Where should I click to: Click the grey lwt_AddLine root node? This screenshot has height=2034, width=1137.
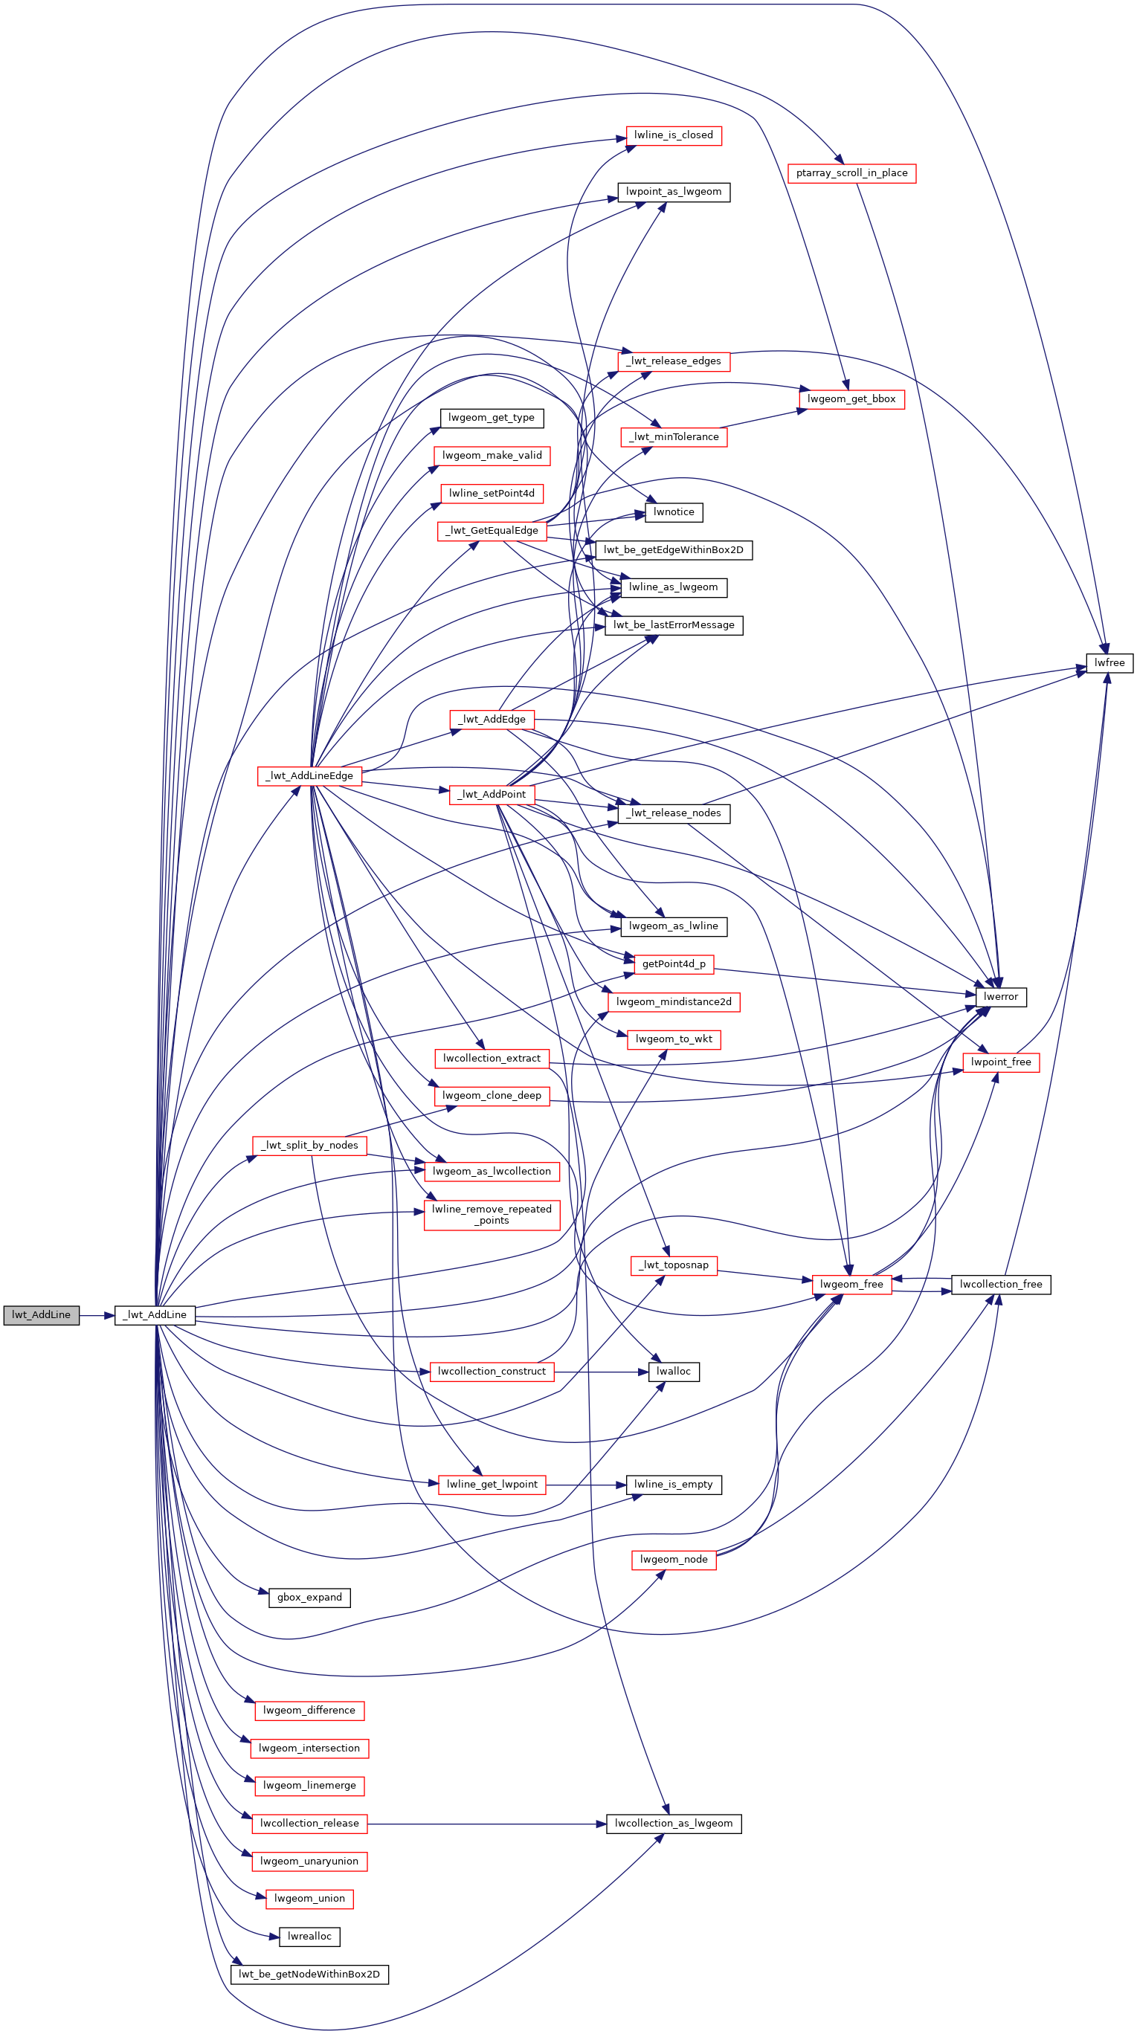point(41,1315)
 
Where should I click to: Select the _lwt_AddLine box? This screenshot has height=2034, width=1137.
point(155,1315)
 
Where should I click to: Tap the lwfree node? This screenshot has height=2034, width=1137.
point(1109,663)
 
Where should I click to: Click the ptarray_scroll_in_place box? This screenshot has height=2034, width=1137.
point(851,174)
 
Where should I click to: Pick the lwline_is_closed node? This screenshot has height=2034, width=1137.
point(674,136)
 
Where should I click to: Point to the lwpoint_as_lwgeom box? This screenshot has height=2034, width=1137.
point(674,192)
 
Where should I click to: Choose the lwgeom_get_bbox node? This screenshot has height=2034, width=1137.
point(851,399)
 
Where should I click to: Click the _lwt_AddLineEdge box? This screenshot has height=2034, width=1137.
point(309,776)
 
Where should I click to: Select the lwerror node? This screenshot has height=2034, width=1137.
point(1000,997)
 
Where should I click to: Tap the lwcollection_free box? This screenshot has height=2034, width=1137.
point(1000,1285)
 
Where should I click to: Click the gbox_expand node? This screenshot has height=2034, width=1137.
point(309,1598)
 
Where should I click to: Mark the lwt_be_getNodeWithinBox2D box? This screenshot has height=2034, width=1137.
point(309,1975)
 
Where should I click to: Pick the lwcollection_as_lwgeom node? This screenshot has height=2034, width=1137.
point(674,1824)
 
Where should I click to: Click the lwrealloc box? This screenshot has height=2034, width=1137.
point(309,1937)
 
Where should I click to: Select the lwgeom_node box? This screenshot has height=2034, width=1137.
point(674,1560)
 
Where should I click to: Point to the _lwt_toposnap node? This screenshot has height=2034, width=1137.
point(674,1265)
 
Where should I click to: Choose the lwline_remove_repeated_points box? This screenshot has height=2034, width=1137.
point(492,1215)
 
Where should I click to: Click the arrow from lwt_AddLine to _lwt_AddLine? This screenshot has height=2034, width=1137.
point(97,1315)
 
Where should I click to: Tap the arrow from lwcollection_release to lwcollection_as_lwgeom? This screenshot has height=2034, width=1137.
point(486,1824)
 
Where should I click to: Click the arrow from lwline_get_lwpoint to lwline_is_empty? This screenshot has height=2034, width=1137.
point(586,1485)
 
